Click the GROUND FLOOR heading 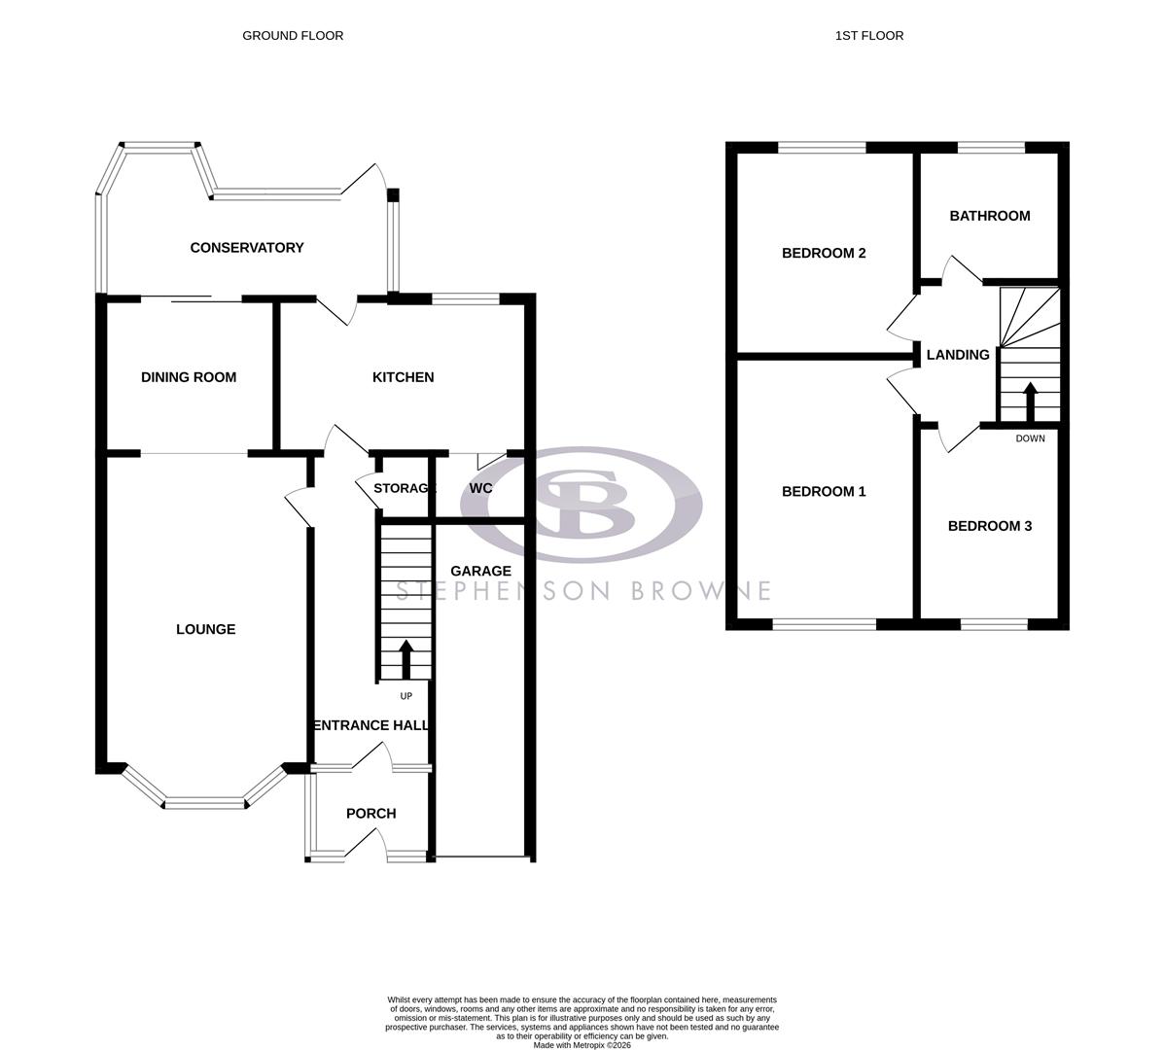point(293,36)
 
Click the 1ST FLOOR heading point(868,36)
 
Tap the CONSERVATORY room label point(247,248)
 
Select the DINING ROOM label point(189,377)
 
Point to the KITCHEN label point(403,377)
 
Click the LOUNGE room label point(205,629)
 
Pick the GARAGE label point(480,571)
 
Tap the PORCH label point(370,814)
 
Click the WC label point(480,488)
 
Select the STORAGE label point(404,488)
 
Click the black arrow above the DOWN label point(1029,402)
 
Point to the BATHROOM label point(989,216)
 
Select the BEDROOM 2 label point(824,253)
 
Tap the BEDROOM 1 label point(824,492)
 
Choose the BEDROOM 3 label point(989,526)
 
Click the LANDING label point(957,355)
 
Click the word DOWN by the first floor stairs point(1030,438)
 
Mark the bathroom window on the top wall point(991,148)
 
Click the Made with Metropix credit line point(582,1045)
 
